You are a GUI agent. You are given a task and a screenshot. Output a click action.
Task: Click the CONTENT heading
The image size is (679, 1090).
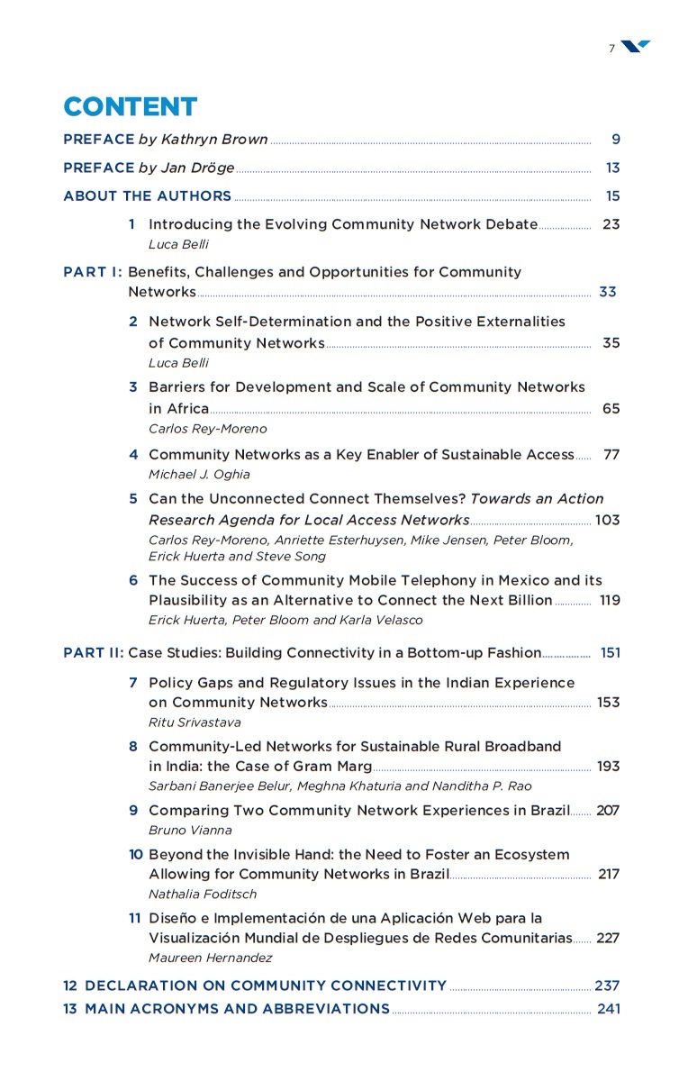coord(130,107)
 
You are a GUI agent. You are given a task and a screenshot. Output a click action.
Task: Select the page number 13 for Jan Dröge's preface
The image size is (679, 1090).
coord(612,168)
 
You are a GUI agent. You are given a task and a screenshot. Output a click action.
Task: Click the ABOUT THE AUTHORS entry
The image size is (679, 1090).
coord(147,195)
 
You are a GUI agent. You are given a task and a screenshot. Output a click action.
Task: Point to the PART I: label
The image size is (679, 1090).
coord(93,272)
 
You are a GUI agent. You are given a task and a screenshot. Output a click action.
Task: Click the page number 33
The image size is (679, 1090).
coord(608,292)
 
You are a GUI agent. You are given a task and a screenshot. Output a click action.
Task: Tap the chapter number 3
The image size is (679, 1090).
coord(133,387)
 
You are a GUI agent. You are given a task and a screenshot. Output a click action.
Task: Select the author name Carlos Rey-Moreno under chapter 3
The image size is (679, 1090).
coord(207,429)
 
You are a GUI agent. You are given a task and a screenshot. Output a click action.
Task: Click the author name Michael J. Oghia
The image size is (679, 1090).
coord(199,474)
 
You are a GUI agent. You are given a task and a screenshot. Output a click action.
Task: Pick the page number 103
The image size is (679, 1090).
coord(607,520)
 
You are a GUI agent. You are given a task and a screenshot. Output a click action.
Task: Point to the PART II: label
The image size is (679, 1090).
coord(94,652)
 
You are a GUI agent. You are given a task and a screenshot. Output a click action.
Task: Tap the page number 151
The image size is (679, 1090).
coord(610,652)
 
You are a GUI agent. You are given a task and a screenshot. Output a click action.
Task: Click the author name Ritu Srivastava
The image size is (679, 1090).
coord(195,722)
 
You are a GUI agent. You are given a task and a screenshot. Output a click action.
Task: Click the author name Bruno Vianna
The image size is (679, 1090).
coord(190,831)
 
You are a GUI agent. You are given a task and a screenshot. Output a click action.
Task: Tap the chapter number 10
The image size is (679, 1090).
coord(136,854)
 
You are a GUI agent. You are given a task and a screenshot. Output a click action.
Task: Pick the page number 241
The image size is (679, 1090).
coord(609,1009)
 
